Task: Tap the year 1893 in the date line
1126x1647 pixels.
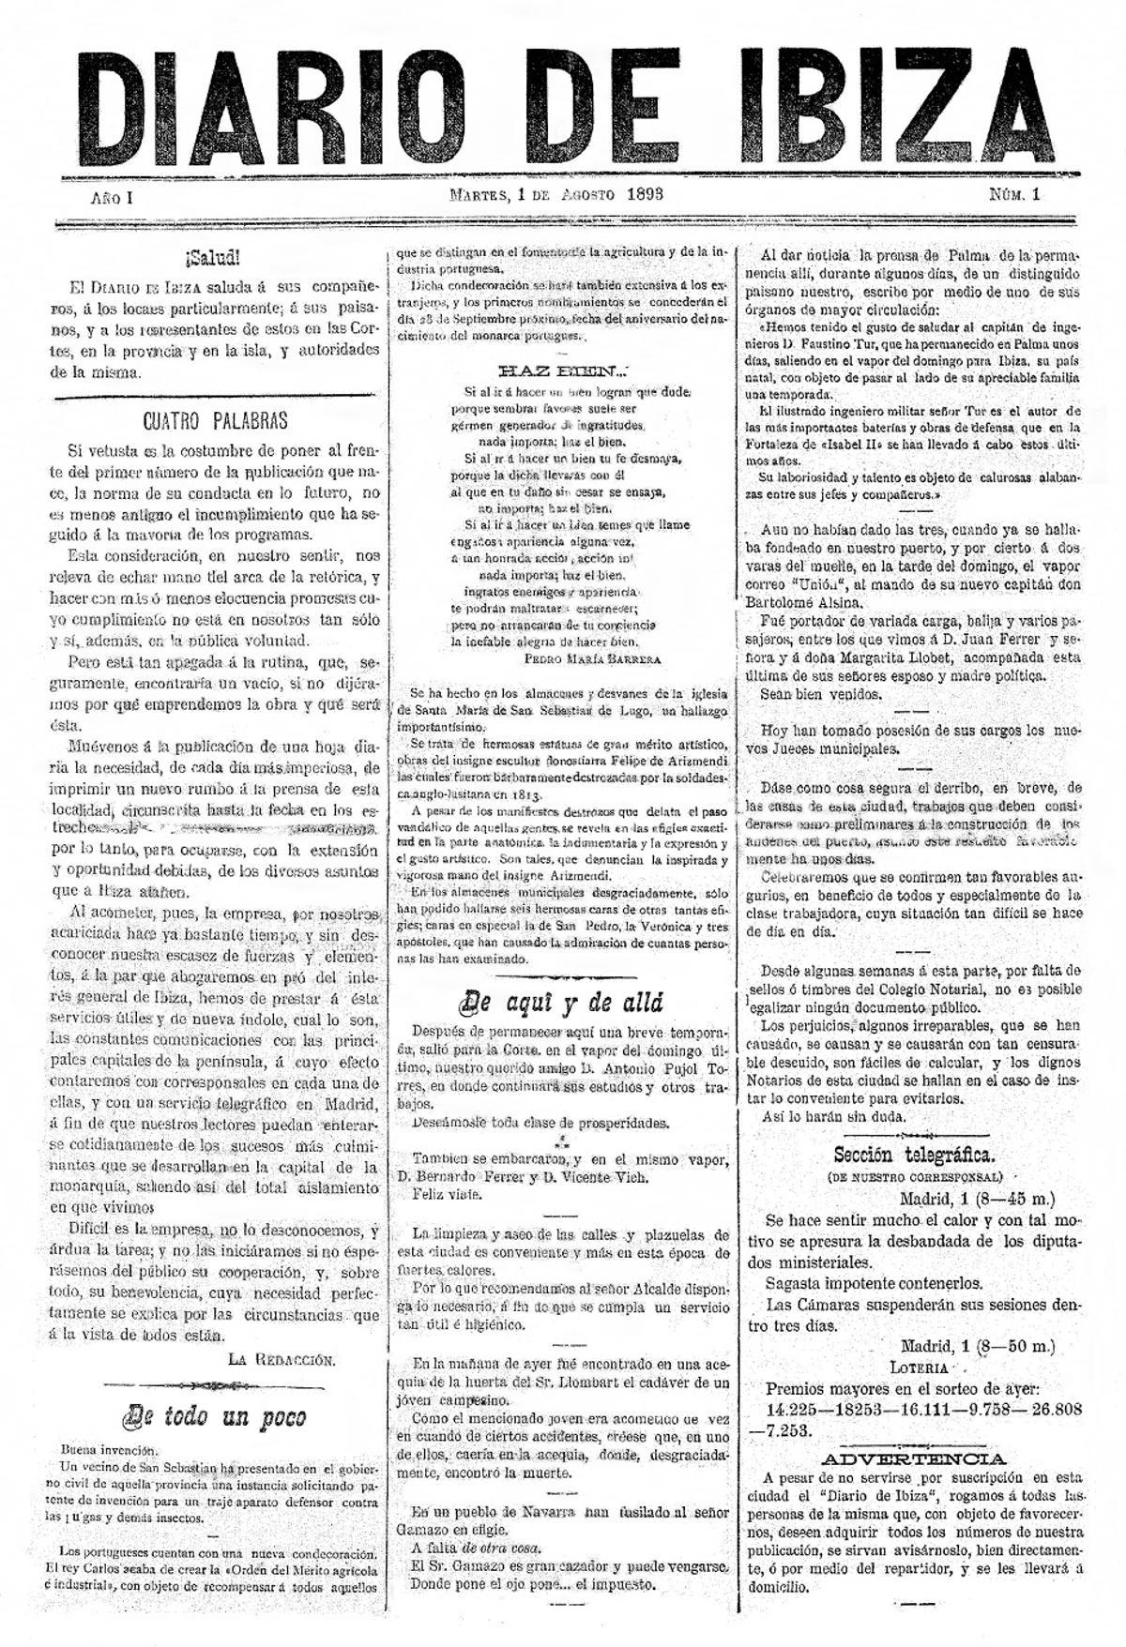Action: point(637,195)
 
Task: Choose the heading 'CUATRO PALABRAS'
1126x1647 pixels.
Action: point(215,420)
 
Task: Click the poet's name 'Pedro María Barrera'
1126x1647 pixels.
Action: point(592,658)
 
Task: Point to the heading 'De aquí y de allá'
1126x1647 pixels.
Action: point(561,1003)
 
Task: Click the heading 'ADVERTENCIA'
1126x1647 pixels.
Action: point(915,1458)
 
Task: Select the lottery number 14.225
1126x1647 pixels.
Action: point(797,1410)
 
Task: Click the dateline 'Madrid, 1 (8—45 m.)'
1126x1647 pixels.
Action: point(977,1199)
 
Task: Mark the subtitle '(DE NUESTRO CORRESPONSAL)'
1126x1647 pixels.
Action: point(915,1177)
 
